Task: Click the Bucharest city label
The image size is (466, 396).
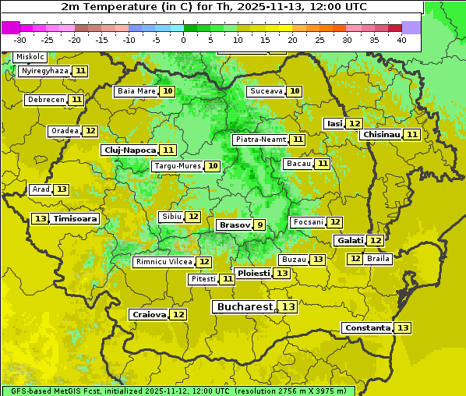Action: (x=245, y=307)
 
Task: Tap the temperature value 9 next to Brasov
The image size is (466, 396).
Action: (x=259, y=225)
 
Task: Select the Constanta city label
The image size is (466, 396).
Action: (x=367, y=328)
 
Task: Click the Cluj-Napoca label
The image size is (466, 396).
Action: (x=129, y=150)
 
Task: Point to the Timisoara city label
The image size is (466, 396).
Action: (x=75, y=219)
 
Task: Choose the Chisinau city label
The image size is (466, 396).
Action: (x=381, y=135)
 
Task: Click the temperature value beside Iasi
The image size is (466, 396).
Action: (x=354, y=124)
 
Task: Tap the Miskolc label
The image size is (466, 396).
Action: (x=30, y=57)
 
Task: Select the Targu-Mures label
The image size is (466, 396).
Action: (x=177, y=166)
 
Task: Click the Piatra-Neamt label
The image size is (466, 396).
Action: (x=260, y=140)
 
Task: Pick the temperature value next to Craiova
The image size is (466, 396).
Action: (x=178, y=315)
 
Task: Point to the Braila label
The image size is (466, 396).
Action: (x=378, y=259)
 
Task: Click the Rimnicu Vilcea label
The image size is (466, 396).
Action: (x=163, y=262)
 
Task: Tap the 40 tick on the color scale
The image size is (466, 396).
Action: (x=401, y=40)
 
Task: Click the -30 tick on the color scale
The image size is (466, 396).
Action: (x=20, y=40)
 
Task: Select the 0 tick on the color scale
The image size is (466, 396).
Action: (x=183, y=40)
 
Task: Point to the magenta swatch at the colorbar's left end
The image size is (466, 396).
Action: (x=10, y=27)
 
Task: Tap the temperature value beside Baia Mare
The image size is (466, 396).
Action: (x=168, y=91)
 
